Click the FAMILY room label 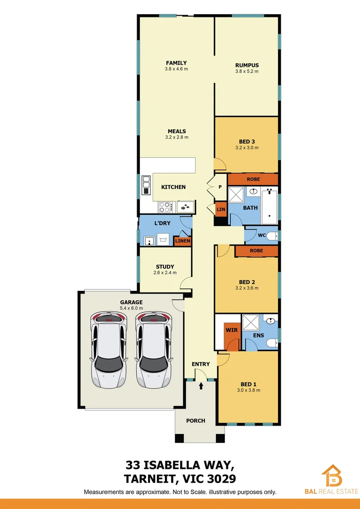pyautogui.click(x=176, y=63)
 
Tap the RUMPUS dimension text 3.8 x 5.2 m pyautogui.click(x=247, y=72)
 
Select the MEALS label pyautogui.click(x=176, y=131)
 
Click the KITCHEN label pyautogui.click(x=173, y=187)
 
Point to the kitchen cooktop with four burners pyautogui.click(x=165, y=206)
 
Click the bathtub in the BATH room pyautogui.click(x=270, y=206)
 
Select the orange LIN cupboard pyautogui.click(x=220, y=209)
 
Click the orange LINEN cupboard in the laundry pyautogui.click(x=182, y=241)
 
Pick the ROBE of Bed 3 pyautogui.click(x=253, y=179)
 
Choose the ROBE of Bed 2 pyautogui.click(x=256, y=251)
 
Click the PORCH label pyautogui.click(x=196, y=420)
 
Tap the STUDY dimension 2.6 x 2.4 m pyautogui.click(x=165, y=273)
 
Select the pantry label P pyautogui.click(x=220, y=187)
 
